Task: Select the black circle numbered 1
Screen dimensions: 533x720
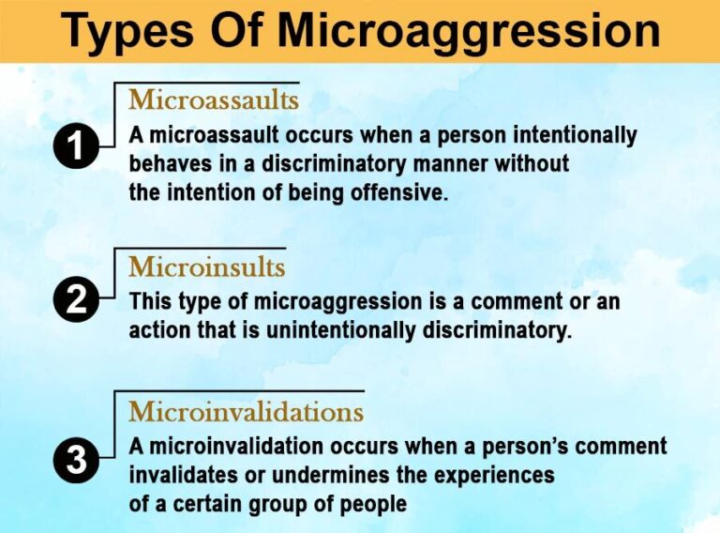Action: click(x=77, y=148)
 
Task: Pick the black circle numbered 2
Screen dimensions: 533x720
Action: click(x=77, y=302)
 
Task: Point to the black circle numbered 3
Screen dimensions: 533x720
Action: click(x=77, y=461)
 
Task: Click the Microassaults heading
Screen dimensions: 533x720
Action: click(x=214, y=99)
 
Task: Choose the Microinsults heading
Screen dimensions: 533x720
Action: click(x=206, y=266)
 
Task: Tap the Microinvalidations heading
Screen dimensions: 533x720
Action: click(x=246, y=411)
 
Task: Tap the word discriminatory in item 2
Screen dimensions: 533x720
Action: click(x=495, y=332)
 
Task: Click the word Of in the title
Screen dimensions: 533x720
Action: click(x=238, y=32)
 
